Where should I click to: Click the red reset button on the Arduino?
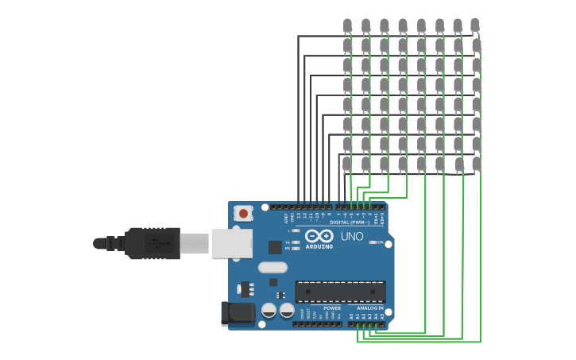244,213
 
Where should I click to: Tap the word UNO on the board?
352,237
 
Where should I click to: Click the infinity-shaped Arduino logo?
319,236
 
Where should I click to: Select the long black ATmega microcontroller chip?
340,291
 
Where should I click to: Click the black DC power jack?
237,313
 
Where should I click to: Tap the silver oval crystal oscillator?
273,267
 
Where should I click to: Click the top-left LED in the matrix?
347,25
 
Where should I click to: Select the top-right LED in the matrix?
475,25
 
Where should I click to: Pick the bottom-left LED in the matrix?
347,164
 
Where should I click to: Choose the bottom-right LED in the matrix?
476,164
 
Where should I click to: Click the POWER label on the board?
332,308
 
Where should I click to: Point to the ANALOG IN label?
369,308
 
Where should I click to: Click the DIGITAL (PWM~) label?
350,223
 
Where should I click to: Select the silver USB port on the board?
231,243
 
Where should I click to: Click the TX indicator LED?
296,242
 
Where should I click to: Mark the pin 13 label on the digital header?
298,215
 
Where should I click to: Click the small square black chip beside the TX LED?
275,246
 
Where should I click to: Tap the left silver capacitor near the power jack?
269,310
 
